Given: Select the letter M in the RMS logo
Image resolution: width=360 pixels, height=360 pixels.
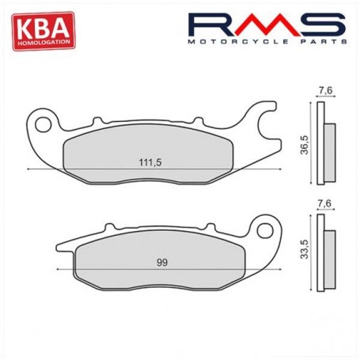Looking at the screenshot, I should (266, 25).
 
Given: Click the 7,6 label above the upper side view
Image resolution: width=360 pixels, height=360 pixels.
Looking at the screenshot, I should (324, 92).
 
